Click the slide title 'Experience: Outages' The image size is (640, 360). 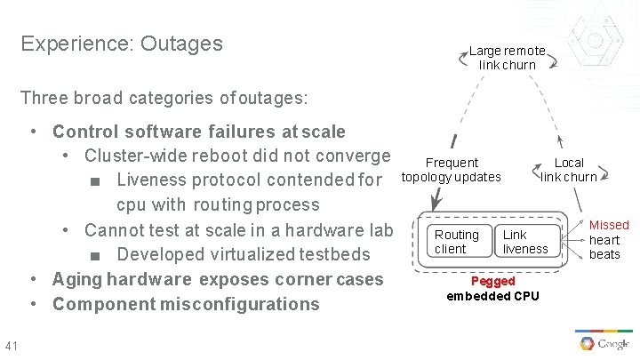(x=122, y=44)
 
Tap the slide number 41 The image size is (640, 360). (x=12, y=346)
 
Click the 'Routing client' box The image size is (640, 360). (x=456, y=242)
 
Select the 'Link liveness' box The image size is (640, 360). (x=525, y=242)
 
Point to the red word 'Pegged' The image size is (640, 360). (x=492, y=281)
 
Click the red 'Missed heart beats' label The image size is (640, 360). (x=608, y=240)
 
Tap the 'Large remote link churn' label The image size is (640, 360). (x=508, y=58)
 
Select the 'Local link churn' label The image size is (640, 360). (x=569, y=170)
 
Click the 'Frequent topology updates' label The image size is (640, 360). (x=452, y=170)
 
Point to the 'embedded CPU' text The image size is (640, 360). (x=492, y=295)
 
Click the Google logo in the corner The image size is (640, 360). (x=604, y=343)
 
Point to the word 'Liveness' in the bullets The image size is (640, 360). (x=152, y=180)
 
